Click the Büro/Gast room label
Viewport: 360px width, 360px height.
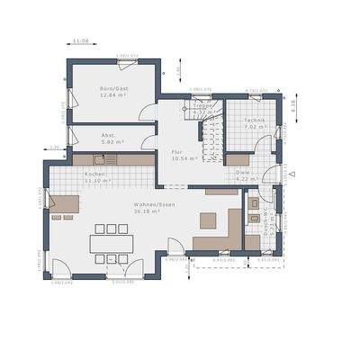point(114,87)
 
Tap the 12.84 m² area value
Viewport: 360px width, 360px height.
point(114,94)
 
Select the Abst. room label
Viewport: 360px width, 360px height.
point(107,135)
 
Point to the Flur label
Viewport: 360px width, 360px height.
point(176,151)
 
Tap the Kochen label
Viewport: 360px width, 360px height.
point(96,174)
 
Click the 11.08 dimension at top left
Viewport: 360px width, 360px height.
point(81,40)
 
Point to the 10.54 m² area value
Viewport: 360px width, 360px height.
point(177,158)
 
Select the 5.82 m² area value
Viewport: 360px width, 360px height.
point(112,142)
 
